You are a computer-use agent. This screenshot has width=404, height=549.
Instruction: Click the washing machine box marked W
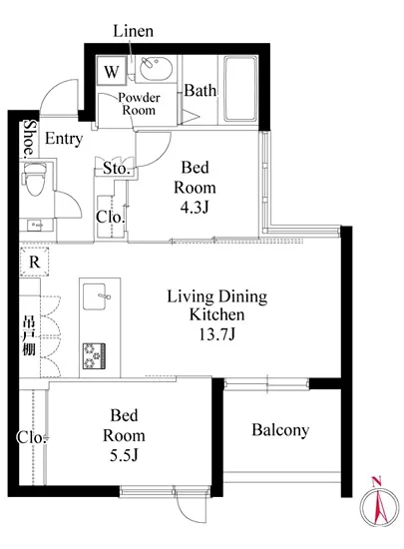(112, 71)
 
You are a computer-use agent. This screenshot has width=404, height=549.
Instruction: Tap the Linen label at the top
(134, 31)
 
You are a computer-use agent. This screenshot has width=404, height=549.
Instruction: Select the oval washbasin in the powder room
(156, 69)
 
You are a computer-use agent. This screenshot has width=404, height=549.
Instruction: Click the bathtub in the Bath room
(239, 89)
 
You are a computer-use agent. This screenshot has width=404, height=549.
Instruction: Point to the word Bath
(201, 90)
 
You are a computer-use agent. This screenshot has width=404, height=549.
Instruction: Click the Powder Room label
(139, 104)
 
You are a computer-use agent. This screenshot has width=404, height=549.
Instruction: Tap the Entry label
(64, 139)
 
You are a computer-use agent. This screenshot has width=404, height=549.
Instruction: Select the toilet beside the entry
(35, 179)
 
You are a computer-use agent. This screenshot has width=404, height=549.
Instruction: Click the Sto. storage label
(117, 169)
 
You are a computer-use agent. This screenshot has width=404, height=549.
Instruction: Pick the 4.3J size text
(195, 208)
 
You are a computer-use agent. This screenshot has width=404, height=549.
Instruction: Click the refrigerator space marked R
(34, 262)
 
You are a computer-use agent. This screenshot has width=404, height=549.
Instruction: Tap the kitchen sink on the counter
(95, 296)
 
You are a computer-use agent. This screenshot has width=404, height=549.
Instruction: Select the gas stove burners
(94, 355)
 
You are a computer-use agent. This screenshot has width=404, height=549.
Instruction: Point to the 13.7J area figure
(216, 334)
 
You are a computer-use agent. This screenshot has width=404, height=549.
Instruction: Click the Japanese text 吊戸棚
(29, 335)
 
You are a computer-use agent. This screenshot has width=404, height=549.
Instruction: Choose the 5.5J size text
(124, 455)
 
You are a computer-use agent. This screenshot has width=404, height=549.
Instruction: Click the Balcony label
(280, 430)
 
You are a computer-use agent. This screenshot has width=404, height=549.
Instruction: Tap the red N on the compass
(376, 482)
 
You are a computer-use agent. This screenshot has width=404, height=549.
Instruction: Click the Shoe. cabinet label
(30, 138)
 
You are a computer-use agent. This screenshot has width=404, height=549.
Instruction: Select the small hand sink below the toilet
(37, 225)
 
